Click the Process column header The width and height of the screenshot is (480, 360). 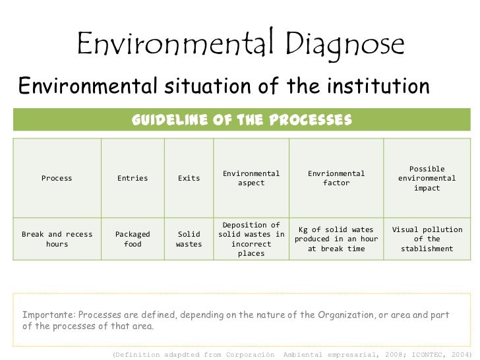pos(57,178)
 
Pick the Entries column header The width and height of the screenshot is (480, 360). pos(133,178)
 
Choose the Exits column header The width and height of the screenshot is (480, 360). pos(189,178)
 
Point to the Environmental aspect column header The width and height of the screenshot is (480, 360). pos(251,178)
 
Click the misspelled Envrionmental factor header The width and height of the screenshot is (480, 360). pos(336,178)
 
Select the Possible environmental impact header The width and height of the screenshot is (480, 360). pos(427,178)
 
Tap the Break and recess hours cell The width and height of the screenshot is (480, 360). pos(57,239)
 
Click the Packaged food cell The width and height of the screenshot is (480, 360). pos(133,239)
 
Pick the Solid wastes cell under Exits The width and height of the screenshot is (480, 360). pos(189,239)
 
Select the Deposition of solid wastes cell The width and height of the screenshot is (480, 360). pos(251,239)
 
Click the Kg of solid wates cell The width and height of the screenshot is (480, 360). pos(336,239)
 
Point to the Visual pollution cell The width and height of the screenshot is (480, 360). pos(427,239)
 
